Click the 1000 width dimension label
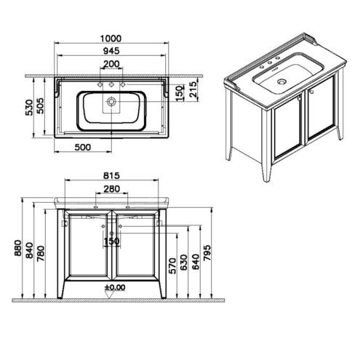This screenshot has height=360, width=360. (111, 39)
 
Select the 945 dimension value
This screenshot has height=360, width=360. (111, 51)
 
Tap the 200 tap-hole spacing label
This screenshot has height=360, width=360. (111, 64)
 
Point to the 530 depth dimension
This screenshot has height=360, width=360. (29, 107)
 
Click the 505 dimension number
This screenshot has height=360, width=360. (40, 105)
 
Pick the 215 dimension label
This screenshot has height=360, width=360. (193, 89)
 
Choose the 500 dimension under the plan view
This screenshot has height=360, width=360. (83, 147)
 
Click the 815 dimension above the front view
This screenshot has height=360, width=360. (111, 175)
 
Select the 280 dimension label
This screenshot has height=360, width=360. (112, 189)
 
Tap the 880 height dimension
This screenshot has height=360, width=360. (18, 248)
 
